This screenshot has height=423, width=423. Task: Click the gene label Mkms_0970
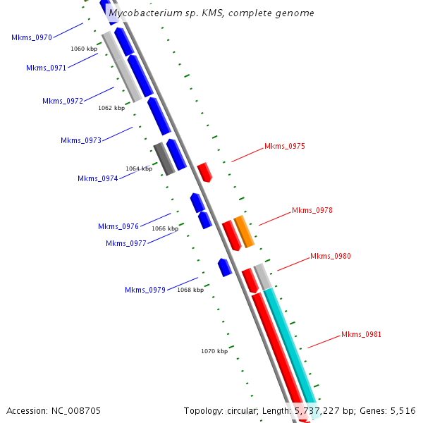(32, 37)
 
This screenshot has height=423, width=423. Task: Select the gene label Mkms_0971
(47, 68)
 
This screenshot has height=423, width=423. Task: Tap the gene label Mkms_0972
(63, 101)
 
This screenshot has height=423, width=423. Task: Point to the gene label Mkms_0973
(81, 140)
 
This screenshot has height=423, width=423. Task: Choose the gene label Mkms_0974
(98, 178)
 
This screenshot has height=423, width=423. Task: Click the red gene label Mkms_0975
(285, 147)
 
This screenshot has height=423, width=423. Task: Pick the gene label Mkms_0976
(118, 226)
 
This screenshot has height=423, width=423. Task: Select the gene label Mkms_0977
(126, 243)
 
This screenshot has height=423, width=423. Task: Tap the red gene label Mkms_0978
(312, 210)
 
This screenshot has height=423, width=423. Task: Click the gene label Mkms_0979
(145, 290)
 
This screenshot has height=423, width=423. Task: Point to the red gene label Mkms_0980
(331, 256)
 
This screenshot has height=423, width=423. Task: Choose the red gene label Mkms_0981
(362, 334)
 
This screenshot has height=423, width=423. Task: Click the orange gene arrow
(244, 231)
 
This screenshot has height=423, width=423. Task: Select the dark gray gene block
(164, 159)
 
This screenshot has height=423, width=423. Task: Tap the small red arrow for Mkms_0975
(204, 172)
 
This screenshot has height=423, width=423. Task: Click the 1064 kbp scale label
(139, 168)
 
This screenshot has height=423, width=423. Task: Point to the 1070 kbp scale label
(214, 350)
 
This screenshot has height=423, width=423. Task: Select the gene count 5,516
(402, 410)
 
